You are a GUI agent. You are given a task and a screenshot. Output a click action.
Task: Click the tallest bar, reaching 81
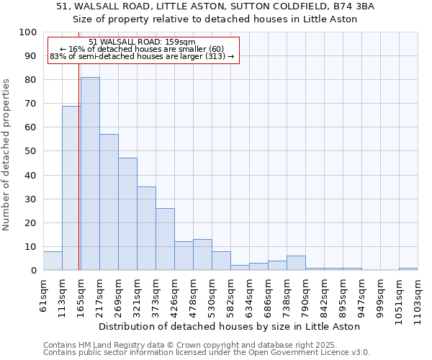(x=90, y=174)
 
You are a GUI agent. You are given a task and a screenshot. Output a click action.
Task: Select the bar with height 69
(x=71, y=188)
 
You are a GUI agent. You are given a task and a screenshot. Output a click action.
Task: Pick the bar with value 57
(x=109, y=202)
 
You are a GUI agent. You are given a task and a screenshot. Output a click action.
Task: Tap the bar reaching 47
(x=127, y=214)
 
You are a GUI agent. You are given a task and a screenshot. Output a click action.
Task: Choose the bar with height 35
(x=146, y=228)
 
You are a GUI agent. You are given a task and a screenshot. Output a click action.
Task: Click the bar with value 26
(x=165, y=239)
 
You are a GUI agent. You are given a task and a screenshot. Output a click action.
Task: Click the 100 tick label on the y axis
(x=28, y=32)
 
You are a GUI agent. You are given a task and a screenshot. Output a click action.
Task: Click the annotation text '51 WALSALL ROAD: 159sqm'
(x=142, y=42)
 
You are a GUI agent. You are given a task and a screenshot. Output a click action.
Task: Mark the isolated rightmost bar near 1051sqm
(x=408, y=269)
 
